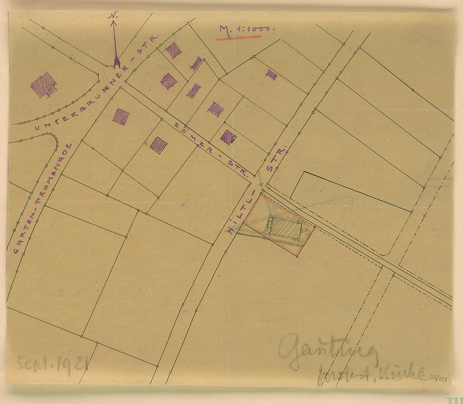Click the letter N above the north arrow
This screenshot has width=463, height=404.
click(113, 16)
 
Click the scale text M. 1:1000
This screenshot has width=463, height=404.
click(246, 29)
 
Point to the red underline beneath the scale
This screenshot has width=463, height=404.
click(239, 37)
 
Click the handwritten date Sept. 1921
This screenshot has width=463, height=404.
click(52, 365)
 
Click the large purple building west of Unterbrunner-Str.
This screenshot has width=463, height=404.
click(44, 85)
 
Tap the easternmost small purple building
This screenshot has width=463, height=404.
click(271, 74)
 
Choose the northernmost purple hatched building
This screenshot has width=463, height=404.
click(173, 50)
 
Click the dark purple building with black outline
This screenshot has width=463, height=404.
click(228, 136)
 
